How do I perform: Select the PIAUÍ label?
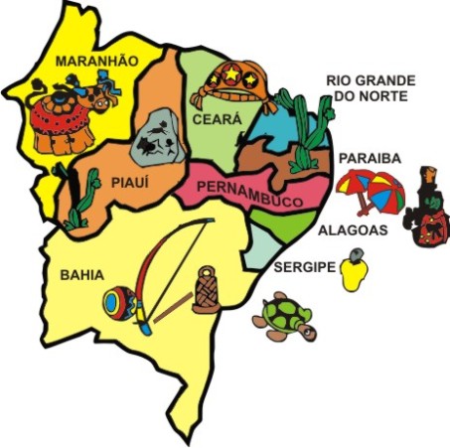128,183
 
